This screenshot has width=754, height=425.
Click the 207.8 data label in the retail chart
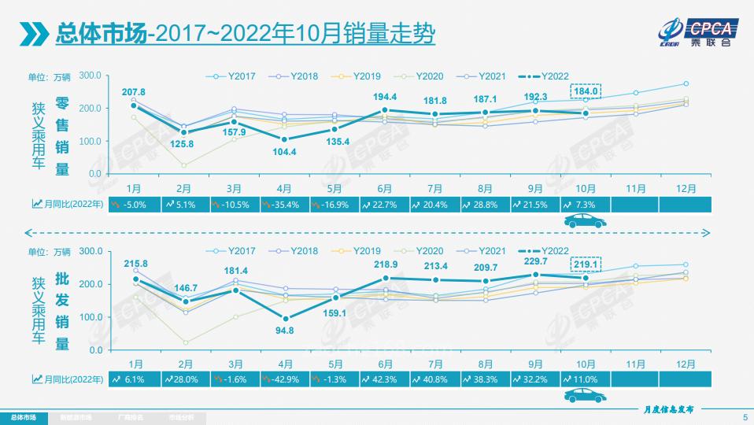coord(134,93)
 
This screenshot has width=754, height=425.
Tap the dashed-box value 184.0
coord(586,91)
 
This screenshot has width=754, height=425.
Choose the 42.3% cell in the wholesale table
coord(384,379)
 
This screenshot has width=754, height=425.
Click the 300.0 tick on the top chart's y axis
coord(90,75)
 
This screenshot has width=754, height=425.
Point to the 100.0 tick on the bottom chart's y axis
coord(90,316)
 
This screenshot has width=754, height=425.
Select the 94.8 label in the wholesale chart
coord(285,330)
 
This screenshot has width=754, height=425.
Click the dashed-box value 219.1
coord(586,264)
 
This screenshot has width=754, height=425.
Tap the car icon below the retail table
coord(585,223)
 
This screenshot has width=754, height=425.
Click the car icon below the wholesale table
coord(585,397)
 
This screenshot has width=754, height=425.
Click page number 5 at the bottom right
coord(745,417)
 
